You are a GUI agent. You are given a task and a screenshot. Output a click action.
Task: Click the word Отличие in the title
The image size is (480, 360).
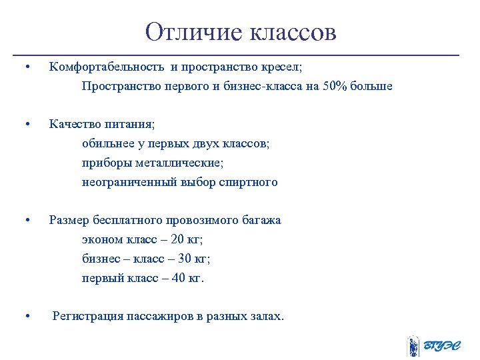pos(194,32)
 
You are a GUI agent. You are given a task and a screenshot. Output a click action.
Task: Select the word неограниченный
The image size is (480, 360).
pos(129,182)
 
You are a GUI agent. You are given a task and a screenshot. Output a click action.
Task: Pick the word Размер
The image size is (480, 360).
pos(69,220)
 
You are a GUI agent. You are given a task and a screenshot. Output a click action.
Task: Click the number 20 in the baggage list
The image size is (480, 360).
pos(177,239)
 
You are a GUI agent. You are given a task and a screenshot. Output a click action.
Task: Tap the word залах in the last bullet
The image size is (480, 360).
pos(264,316)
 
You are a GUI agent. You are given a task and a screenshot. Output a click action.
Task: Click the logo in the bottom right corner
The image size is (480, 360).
pos(433,345)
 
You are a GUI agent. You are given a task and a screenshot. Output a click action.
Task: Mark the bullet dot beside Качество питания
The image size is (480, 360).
pos(25,125)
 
